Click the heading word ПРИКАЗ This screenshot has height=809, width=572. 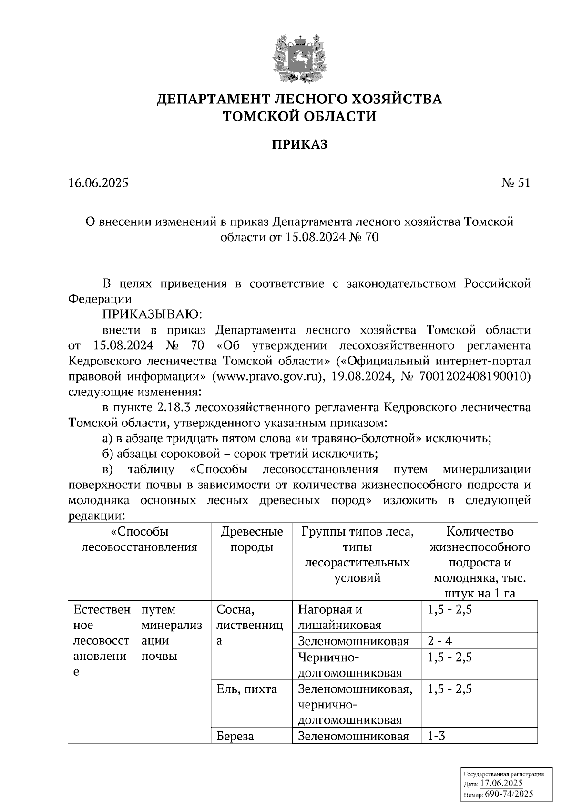[x=299, y=144]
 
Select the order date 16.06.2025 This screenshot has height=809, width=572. [x=98, y=183]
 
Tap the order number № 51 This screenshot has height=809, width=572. [x=515, y=183]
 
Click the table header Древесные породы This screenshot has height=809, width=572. [x=252, y=539]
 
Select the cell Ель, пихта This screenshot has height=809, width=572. [x=246, y=689]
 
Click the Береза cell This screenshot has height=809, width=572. [x=235, y=736]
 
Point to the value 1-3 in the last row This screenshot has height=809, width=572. [x=436, y=736]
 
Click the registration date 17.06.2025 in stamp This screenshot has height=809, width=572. [x=501, y=784]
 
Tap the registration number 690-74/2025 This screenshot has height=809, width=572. [x=509, y=794]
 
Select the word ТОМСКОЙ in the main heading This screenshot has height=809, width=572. [x=264, y=116]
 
